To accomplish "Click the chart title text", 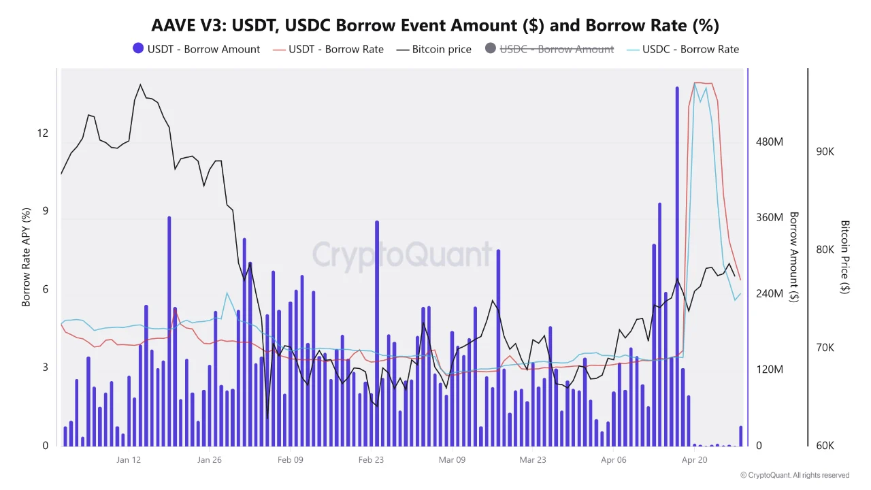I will pyautogui.click(x=435, y=25).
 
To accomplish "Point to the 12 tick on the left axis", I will pyautogui.click(x=43, y=133).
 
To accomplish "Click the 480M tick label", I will pyautogui.click(x=770, y=142).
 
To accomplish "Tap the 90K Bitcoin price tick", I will pyautogui.click(x=825, y=152).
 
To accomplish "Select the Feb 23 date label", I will pyautogui.click(x=371, y=459).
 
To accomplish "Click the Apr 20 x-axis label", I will pyautogui.click(x=694, y=459).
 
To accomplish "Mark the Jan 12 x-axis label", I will pyautogui.click(x=129, y=459).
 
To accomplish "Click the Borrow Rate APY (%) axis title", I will pyautogui.click(x=27, y=257).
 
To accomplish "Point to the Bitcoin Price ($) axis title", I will pyautogui.click(x=845, y=257).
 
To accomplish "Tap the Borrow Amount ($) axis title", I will pyautogui.click(x=793, y=257).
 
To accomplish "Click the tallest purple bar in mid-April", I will pyautogui.click(x=677, y=265).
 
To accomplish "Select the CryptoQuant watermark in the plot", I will pyautogui.click(x=401, y=255).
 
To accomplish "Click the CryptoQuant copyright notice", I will pyautogui.click(x=794, y=475).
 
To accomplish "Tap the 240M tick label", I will pyautogui.click(x=770, y=293).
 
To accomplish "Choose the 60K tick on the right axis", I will pyautogui.click(x=825, y=446).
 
